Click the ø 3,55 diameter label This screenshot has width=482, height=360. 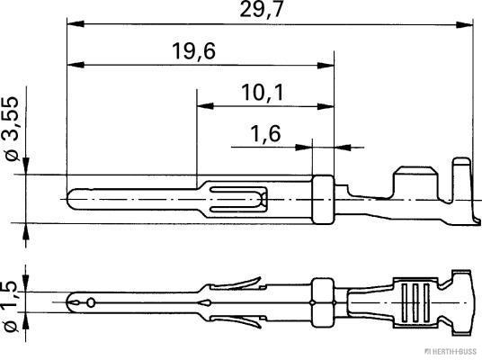tap(12, 127)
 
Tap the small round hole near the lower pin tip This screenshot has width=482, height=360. tap(91, 302)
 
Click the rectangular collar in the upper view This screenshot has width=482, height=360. tap(323, 197)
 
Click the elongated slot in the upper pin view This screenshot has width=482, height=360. tap(238, 196)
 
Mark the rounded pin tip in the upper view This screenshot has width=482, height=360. tap(75, 195)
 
